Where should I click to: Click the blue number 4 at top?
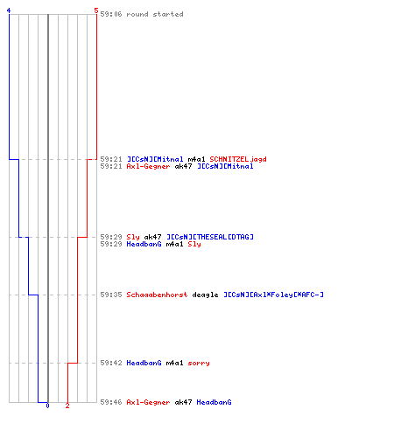tap(9, 10)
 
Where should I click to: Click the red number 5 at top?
tap(96, 10)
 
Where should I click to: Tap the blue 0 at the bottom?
tap(47, 406)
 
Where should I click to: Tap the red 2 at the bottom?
tap(67, 406)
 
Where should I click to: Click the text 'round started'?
tap(155, 14)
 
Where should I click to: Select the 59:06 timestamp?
tap(111, 14)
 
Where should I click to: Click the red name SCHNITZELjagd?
tap(238, 159)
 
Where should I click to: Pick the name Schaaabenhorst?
tap(157, 295)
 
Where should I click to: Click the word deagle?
tap(205, 295)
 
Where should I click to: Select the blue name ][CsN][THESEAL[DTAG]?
tap(210, 237)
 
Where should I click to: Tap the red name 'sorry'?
tap(199, 363)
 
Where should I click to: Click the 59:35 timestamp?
tap(111, 295)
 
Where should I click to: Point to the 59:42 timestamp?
tap(111, 363)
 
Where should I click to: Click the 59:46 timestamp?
tap(111, 402)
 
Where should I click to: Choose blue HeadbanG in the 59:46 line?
tap(214, 402)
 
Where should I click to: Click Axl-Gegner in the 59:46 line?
tap(148, 402)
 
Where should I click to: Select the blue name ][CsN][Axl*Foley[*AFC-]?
tap(273, 295)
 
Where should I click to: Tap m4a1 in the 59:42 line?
tap(174, 363)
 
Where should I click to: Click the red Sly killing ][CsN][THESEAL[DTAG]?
tap(133, 237)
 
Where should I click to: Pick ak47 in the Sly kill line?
tap(152, 237)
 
